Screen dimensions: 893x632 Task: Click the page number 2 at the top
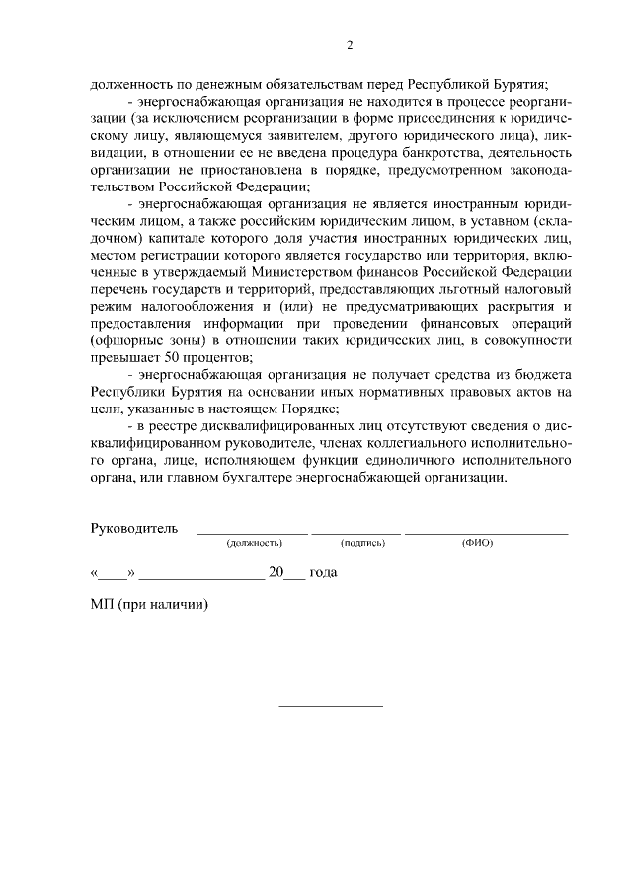coord(349,46)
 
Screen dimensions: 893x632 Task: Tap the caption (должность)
coord(254,544)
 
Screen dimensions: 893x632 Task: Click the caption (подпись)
coord(362,544)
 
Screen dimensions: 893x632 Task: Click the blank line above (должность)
coord(253,534)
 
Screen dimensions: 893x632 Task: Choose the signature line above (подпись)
coord(356,534)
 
